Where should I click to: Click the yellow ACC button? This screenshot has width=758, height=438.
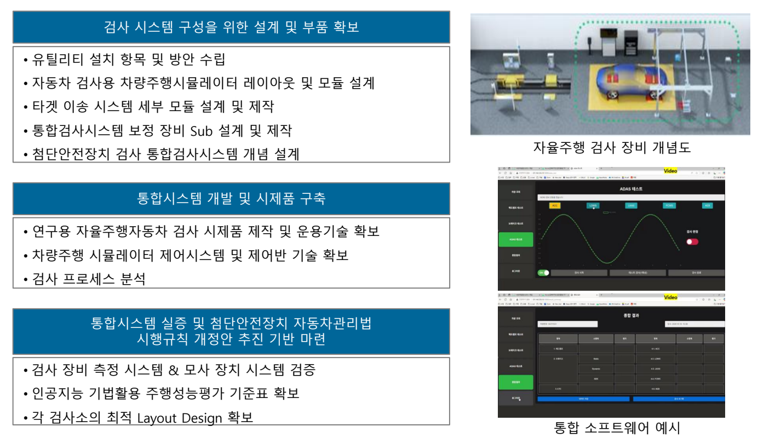555,206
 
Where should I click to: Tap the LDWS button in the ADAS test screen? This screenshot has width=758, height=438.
593,206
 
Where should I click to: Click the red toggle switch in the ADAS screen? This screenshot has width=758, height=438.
693,241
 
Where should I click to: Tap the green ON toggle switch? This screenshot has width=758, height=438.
543,272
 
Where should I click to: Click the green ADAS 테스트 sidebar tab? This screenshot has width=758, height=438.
515,240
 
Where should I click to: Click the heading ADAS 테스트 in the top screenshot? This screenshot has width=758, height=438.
630,188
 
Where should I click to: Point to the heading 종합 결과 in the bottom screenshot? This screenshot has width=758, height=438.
631,315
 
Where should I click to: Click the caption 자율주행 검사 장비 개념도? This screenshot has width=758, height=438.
612,147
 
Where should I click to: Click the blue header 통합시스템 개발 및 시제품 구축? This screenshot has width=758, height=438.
231,198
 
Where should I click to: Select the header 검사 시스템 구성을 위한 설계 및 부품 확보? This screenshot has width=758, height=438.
231,26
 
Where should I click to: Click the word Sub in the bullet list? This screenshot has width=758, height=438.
203,131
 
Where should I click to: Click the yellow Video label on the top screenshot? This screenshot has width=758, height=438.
670,171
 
